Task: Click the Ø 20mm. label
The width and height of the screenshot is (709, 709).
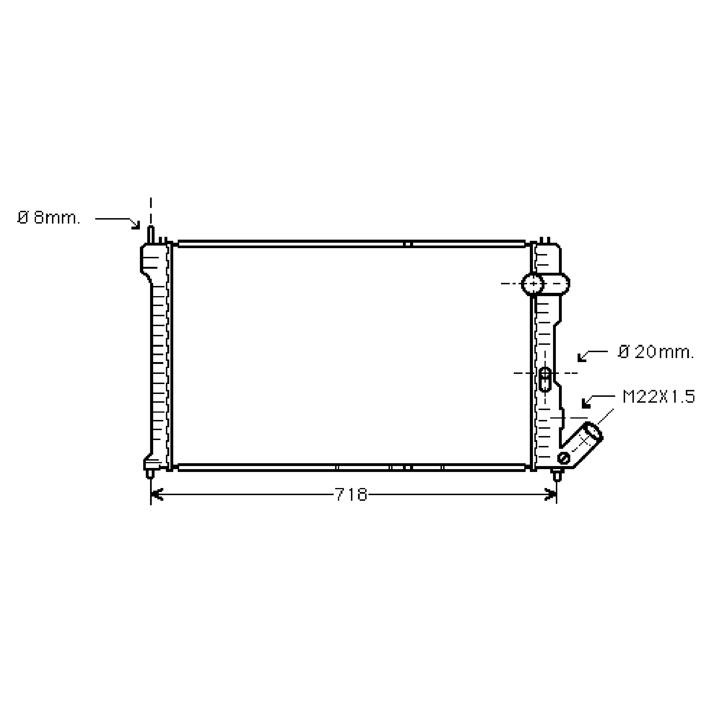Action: tap(656, 352)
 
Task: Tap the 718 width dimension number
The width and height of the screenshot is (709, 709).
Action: tap(351, 495)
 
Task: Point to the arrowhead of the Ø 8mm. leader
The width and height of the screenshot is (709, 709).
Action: tap(136, 225)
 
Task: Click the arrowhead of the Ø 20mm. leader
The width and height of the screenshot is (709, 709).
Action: tap(582, 357)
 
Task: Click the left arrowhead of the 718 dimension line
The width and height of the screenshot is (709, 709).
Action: tap(156, 495)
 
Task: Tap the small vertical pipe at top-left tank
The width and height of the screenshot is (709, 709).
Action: tap(151, 235)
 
